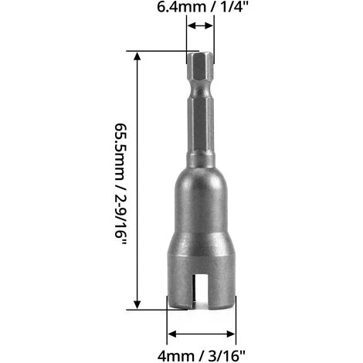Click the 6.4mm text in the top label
click(x=181, y=7)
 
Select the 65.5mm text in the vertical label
click(x=120, y=152)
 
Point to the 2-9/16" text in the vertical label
click(x=120, y=217)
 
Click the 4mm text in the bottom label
click(x=176, y=356)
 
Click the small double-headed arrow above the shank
click(x=200, y=25)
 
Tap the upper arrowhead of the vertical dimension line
click(x=137, y=56)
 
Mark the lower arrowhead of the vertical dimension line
click(x=137, y=304)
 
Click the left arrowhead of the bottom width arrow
click(x=172, y=334)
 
